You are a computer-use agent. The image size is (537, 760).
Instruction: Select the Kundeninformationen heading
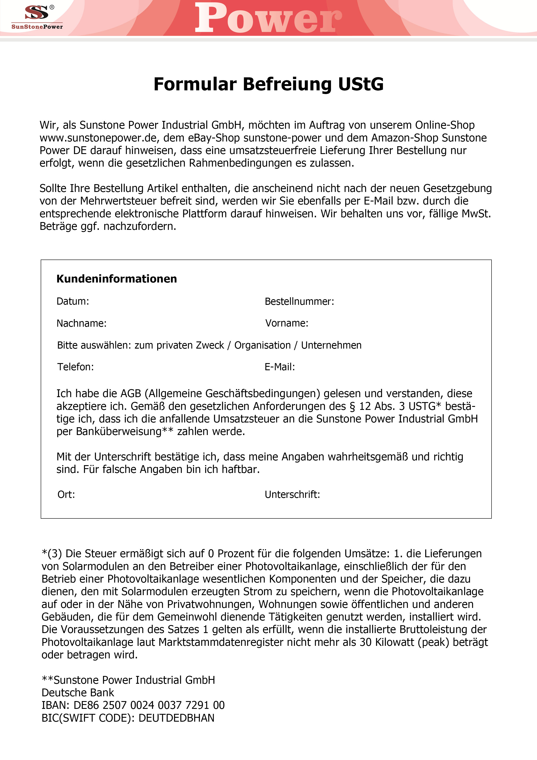pyautogui.click(x=116, y=279)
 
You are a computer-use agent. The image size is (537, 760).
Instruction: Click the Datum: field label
pyautogui.click(x=73, y=301)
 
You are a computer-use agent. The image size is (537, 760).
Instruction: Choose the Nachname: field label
pyautogui.click(x=81, y=323)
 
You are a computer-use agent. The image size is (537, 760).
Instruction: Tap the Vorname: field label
pyautogui.click(x=286, y=323)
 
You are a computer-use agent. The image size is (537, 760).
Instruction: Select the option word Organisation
pyautogui.click(x=262, y=345)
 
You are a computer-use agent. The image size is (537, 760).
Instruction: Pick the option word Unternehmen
pyautogui.click(x=331, y=345)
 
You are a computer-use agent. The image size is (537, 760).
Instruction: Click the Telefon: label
pyautogui.click(x=75, y=367)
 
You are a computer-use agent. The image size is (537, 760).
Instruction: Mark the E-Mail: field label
pyautogui.click(x=280, y=367)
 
